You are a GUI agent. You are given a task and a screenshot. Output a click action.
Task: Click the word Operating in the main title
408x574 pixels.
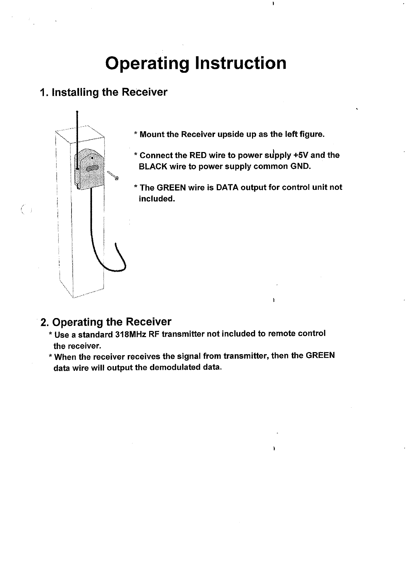(147, 63)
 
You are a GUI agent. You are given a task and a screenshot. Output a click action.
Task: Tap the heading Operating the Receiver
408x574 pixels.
(106, 322)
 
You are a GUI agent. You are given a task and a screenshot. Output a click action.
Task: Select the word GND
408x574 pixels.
(301, 167)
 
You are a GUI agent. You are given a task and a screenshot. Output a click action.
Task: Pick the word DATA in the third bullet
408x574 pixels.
(227, 187)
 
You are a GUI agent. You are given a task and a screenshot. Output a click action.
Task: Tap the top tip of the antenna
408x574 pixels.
(78, 112)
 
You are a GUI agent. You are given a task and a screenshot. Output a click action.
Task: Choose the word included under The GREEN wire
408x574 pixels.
(156, 199)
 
